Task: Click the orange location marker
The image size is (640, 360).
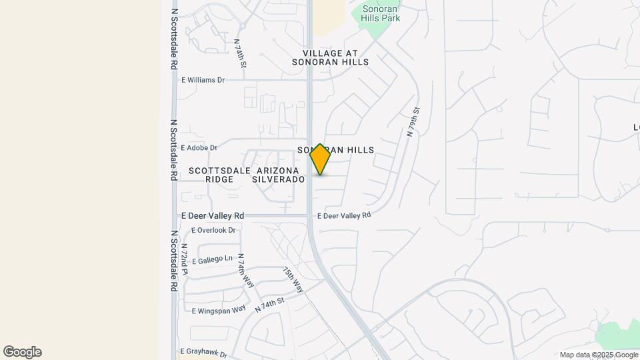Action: click(x=320, y=159)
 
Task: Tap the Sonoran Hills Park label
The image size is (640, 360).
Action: click(x=381, y=13)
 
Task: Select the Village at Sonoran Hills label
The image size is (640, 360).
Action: click(x=330, y=57)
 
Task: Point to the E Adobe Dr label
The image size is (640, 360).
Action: click(x=199, y=147)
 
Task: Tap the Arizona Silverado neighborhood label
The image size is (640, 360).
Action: click(x=280, y=175)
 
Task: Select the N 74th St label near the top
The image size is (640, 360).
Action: click(x=240, y=54)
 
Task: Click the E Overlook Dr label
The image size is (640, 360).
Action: click(x=213, y=230)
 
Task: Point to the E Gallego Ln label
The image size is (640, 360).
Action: click(x=211, y=258)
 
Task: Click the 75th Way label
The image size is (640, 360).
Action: click(x=293, y=280)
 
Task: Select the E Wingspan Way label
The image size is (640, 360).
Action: click(x=219, y=311)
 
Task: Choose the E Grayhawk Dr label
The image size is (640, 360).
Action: click(x=204, y=351)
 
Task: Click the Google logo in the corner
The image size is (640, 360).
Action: click(x=22, y=352)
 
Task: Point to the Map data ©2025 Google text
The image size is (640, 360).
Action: click(x=598, y=355)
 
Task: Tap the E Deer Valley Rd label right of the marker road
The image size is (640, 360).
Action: click(x=343, y=215)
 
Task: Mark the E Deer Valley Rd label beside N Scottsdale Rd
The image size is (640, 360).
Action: click(x=213, y=215)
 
